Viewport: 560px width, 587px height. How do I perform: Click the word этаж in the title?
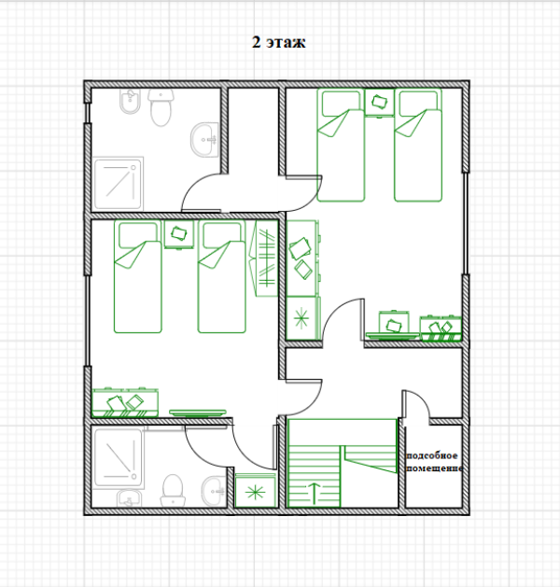tap(286, 42)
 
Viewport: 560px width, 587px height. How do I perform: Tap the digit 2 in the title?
tap(256, 42)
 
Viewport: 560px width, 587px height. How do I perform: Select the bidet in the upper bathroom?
tap(131, 102)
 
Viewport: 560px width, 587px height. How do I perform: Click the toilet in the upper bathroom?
tap(161, 107)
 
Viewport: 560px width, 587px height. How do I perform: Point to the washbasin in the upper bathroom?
tap(204, 139)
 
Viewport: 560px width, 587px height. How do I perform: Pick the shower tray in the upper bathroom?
tap(119, 184)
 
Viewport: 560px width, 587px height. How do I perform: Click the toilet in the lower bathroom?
tap(173, 491)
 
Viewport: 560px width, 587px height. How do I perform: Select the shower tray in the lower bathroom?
tap(119, 458)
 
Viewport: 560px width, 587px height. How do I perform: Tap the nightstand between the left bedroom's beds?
tap(179, 234)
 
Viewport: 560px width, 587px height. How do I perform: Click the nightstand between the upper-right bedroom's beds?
tap(380, 103)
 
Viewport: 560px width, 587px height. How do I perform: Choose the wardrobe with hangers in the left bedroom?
tap(263, 259)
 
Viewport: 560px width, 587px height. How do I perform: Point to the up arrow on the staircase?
tap(315, 494)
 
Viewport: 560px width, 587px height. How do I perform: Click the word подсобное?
tap(431, 455)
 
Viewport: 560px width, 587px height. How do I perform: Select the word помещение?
tap(435, 468)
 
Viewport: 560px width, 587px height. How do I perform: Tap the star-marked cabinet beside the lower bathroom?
tap(256, 491)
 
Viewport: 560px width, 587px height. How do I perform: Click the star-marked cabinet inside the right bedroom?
tap(301, 318)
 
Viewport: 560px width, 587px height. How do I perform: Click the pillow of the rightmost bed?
tap(418, 103)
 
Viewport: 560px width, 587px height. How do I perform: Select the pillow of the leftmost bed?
tap(138, 235)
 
